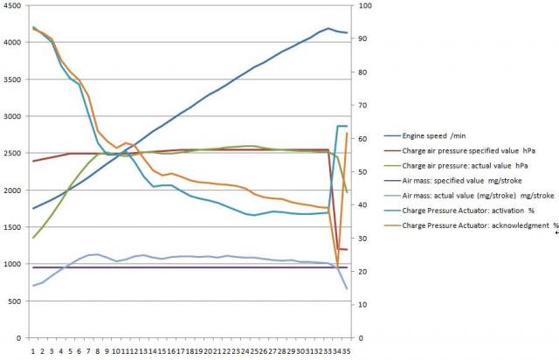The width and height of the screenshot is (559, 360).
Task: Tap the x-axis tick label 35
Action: tap(346, 349)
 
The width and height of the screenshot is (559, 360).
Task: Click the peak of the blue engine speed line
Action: tap(328, 29)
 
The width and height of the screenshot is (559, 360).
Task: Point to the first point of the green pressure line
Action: tap(33, 238)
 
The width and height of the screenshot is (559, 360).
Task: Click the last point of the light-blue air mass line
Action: tap(347, 288)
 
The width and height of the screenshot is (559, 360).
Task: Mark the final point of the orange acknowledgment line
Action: tap(347, 134)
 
